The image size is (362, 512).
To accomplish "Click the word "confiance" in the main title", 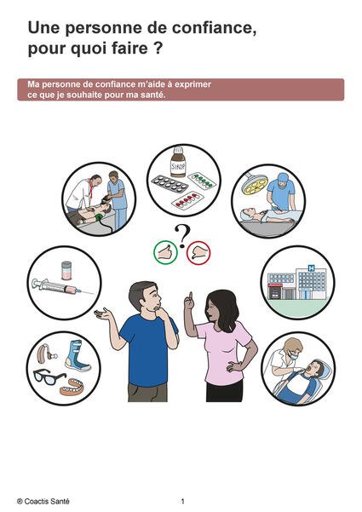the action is (214, 28).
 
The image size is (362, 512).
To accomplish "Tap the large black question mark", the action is (182, 236).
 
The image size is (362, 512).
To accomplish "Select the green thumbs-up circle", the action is (165, 252).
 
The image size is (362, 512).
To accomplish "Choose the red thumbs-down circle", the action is (198, 253).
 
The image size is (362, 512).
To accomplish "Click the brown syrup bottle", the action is (178, 162).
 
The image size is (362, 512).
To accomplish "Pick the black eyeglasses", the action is (49, 377).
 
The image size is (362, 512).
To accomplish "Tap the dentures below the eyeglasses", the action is (72, 387).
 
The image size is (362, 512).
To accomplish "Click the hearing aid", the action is (46, 354).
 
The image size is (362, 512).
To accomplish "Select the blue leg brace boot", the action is (78, 356).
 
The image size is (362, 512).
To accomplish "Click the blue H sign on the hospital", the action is (311, 268).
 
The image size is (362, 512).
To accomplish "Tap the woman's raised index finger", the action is (190, 296).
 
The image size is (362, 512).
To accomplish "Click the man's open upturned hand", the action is (103, 314).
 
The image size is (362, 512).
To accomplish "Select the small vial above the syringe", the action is (66, 270).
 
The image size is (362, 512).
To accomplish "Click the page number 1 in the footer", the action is (183, 501).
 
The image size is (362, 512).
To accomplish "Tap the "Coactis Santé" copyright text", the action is (43, 501).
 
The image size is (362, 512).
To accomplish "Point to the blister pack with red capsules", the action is (187, 199).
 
